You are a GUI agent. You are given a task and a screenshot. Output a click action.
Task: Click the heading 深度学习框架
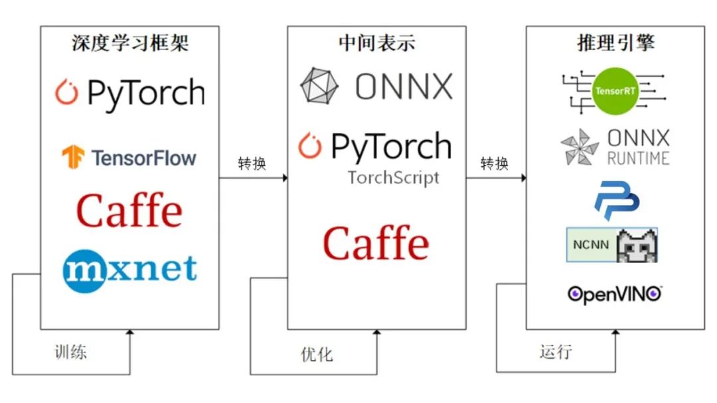[130, 43]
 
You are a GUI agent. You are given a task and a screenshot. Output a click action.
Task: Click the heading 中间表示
[376, 43]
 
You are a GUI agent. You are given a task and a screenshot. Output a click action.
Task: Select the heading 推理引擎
[615, 43]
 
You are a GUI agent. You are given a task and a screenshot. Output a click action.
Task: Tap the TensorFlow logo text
[143, 158]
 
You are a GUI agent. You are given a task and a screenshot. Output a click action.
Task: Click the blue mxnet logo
[130, 269]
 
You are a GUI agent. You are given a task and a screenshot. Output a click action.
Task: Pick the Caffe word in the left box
[129, 210]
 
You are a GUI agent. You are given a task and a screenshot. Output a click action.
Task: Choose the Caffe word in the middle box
[376, 242]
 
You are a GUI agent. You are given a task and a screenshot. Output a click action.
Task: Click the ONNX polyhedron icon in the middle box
[319, 86]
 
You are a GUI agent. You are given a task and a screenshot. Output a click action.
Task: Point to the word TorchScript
[393, 178]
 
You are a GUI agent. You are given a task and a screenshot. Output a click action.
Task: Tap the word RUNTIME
[638, 158]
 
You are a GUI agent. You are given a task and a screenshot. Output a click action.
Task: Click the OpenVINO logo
[615, 293]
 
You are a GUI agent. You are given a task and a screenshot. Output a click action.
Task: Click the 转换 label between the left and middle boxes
[252, 163]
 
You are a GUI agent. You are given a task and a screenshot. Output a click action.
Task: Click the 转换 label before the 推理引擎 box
[494, 163]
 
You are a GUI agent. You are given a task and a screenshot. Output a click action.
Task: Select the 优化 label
[317, 354]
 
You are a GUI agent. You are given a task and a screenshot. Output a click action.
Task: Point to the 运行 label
[556, 351]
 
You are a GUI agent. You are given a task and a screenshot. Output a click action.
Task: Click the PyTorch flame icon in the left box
[66, 93]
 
